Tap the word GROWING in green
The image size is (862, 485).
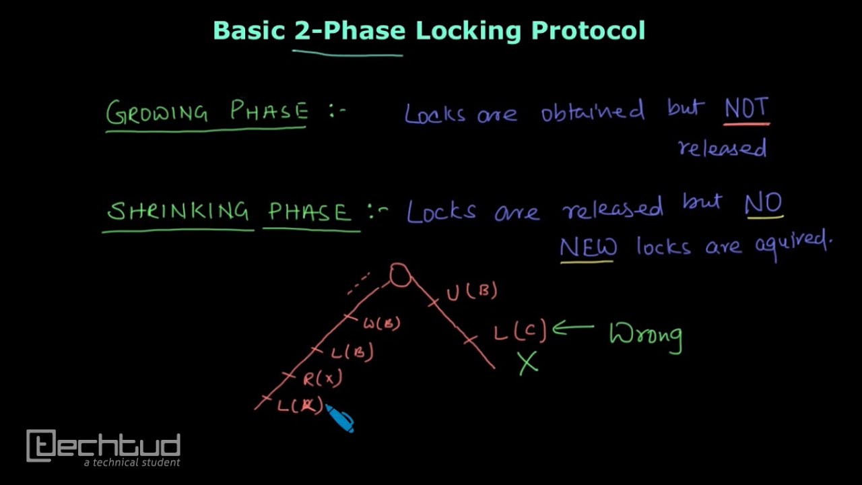(x=157, y=112)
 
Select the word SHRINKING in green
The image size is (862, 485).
(x=178, y=212)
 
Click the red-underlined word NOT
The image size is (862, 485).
(x=746, y=109)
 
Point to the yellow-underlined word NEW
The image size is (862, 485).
(x=587, y=247)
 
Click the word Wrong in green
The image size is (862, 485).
(x=645, y=335)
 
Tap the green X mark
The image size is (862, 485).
(x=528, y=363)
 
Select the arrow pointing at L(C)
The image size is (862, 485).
(x=572, y=328)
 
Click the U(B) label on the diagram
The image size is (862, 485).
(x=471, y=292)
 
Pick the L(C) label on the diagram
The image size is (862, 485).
(x=519, y=331)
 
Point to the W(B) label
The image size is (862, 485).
(x=382, y=324)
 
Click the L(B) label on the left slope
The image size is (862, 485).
(x=352, y=352)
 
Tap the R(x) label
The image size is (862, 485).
(x=322, y=379)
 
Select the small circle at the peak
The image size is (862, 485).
(x=399, y=275)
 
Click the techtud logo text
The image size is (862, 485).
(x=104, y=446)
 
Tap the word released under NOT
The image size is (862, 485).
(x=722, y=148)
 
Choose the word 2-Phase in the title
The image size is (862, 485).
(x=350, y=31)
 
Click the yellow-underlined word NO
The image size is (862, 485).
(x=764, y=203)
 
